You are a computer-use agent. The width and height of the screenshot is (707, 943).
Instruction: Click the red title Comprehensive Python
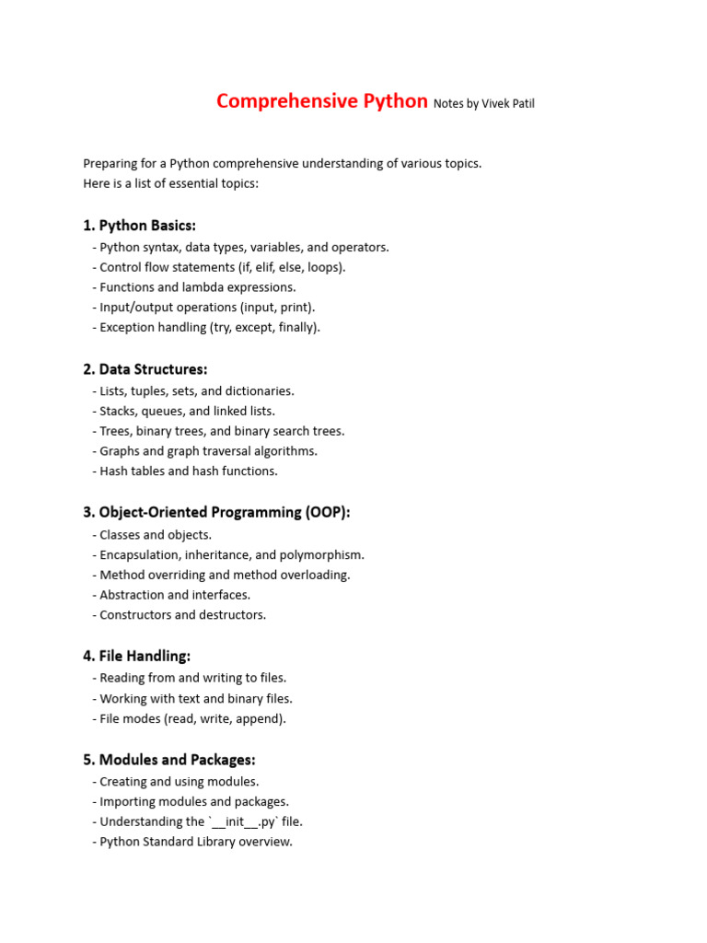(x=322, y=101)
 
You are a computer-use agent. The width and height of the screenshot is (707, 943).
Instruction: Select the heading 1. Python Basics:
(x=139, y=226)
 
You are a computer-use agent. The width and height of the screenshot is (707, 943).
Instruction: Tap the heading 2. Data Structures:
(x=145, y=369)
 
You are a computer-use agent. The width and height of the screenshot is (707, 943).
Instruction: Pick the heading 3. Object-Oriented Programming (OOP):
(x=216, y=512)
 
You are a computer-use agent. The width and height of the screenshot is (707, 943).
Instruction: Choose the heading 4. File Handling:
(x=136, y=656)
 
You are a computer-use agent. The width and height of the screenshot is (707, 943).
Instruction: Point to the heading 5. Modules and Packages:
(x=168, y=760)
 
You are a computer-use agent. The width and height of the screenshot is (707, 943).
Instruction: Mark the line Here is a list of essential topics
(x=171, y=183)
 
